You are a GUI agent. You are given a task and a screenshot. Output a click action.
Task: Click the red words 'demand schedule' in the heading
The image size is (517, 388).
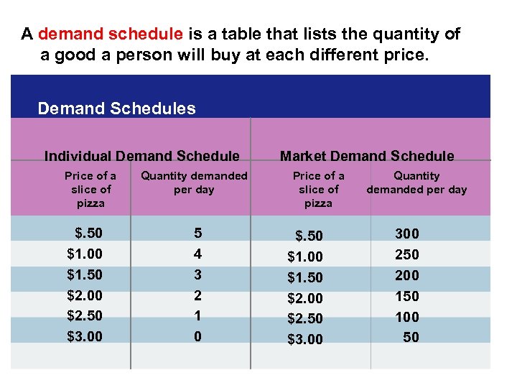(111, 34)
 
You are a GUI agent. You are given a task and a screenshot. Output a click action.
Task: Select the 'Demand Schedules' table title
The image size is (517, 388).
(116, 108)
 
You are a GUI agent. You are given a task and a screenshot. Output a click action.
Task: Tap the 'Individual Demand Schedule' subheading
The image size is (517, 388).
(142, 156)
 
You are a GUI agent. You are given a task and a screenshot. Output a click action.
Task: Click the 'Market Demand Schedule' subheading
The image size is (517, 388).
(367, 156)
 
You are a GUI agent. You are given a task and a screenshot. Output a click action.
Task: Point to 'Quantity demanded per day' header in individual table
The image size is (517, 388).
(194, 183)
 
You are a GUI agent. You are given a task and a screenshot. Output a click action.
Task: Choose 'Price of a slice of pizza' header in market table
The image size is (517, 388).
(318, 190)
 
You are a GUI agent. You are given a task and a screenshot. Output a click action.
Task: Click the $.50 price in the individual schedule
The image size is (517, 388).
(88, 234)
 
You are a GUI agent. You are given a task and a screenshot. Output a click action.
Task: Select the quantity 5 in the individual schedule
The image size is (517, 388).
(198, 234)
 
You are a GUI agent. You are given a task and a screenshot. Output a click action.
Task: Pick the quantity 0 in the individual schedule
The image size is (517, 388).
(198, 336)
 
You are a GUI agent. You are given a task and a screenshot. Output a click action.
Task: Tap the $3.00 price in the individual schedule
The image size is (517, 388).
(85, 336)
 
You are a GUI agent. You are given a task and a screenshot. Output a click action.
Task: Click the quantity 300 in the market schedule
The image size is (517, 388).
(407, 234)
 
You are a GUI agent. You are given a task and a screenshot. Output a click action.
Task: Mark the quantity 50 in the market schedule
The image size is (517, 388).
(411, 337)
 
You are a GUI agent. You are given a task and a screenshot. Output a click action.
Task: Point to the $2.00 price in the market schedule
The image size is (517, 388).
(305, 298)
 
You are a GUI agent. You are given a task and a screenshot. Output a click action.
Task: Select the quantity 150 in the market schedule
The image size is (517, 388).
(407, 296)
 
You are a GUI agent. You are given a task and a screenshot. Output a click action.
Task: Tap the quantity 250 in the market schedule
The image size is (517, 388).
(407, 254)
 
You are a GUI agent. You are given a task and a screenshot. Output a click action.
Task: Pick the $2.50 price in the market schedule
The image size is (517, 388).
(305, 318)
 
